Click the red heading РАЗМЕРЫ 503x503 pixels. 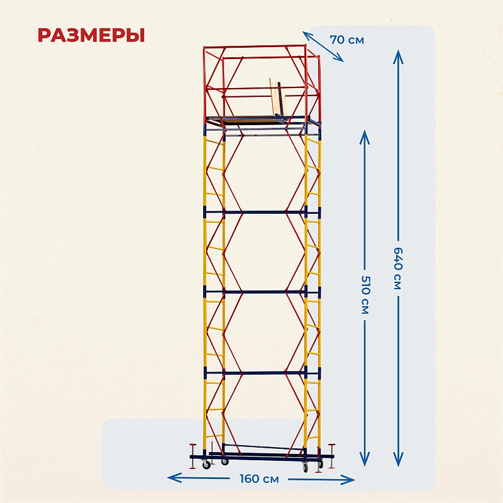91,35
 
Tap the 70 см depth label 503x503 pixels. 346,40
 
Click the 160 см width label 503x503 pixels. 258,479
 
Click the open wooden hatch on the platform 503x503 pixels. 278,98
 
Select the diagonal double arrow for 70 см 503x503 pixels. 323,47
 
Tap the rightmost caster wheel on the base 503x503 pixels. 306,467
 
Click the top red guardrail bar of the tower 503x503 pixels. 255,47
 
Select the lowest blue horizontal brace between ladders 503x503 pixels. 264,373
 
